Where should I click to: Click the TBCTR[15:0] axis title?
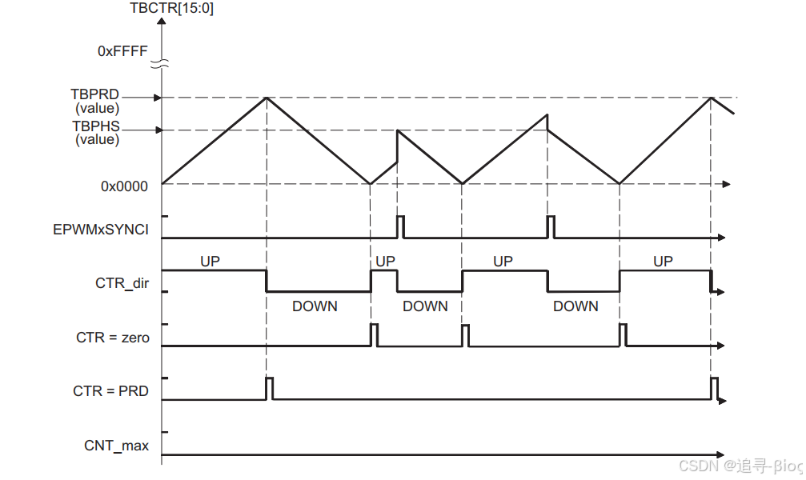tap(171, 10)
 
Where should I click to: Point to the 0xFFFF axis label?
tap(122, 50)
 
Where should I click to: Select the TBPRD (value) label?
tap(96, 101)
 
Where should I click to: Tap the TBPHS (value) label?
tap(96, 133)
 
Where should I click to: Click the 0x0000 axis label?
tap(124, 186)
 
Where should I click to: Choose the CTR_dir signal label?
tap(122, 282)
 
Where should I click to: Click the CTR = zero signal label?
tap(113, 338)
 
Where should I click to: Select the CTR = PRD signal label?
tap(111, 391)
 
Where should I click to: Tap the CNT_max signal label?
tap(117, 446)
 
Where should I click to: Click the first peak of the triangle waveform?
tap(266, 97)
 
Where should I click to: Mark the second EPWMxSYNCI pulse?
tap(551, 226)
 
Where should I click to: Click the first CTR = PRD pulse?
tap(270, 387)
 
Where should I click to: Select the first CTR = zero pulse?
tap(374, 334)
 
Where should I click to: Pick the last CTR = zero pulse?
tap(624, 334)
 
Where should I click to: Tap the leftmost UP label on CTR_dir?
tap(210, 261)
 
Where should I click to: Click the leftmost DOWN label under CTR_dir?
tap(315, 306)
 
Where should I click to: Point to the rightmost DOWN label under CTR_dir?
tap(575, 306)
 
